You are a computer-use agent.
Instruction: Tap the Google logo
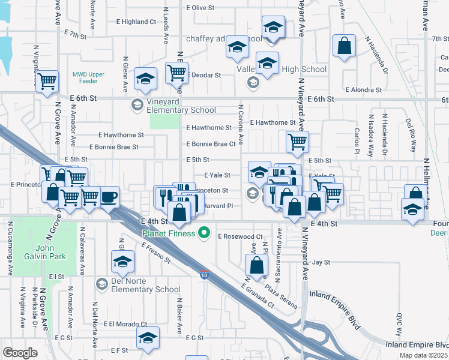coord(20,353)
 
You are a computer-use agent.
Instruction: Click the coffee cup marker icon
coord(109,197)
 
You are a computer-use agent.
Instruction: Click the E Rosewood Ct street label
coord(241,237)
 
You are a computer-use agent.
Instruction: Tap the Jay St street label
coord(321,262)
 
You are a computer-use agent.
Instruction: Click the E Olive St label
coord(200,8)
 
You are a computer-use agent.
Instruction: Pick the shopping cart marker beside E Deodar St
coord(176,73)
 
